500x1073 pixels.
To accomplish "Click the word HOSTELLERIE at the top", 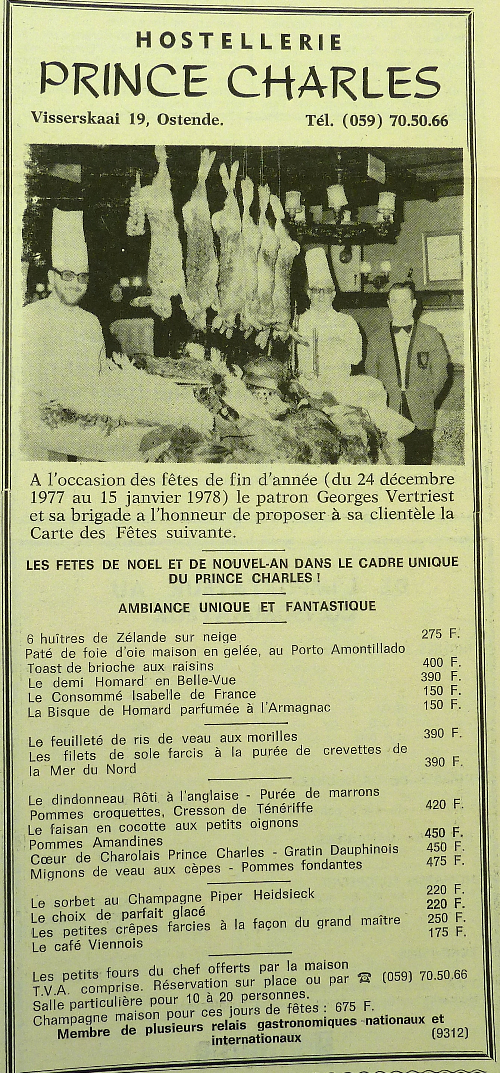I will coord(239,42).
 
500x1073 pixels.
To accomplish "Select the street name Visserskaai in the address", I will coord(75,120).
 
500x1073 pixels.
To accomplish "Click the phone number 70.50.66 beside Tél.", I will coord(419,121).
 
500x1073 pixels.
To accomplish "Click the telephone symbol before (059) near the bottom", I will coord(366,962).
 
